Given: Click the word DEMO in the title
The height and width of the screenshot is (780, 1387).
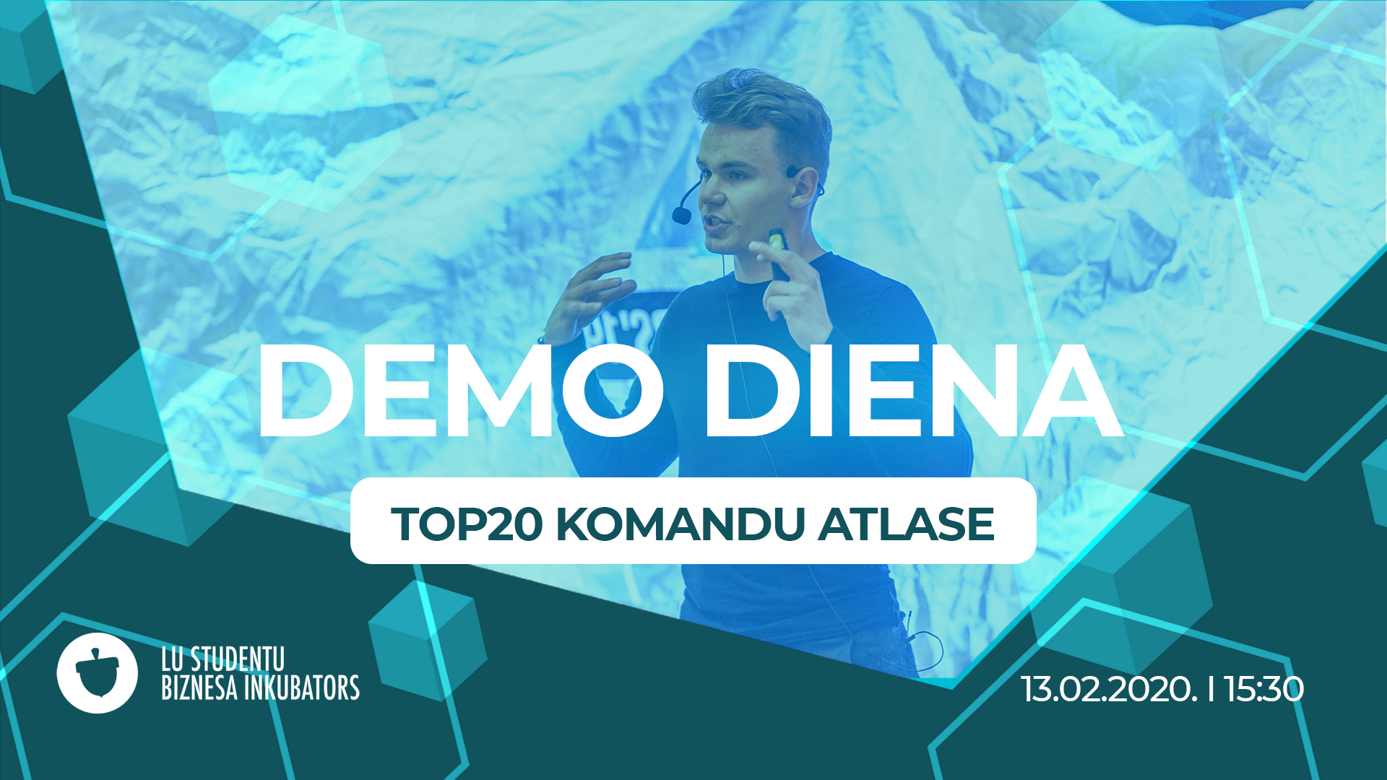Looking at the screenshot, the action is click(460, 391).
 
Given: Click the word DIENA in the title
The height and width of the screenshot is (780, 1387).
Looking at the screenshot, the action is click(914, 391).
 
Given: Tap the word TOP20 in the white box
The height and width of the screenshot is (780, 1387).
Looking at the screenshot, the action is click(467, 524).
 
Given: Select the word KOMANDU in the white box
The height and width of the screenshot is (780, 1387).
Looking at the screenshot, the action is click(680, 524).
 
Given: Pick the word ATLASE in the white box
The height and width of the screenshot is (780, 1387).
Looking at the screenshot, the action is click(907, 524).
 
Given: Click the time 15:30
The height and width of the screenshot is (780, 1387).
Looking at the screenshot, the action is click(1264, 689).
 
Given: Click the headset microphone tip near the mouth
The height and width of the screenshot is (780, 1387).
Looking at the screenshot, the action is click(681, 215).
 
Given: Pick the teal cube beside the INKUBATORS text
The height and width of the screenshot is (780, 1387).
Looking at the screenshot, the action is click(426, 638).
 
